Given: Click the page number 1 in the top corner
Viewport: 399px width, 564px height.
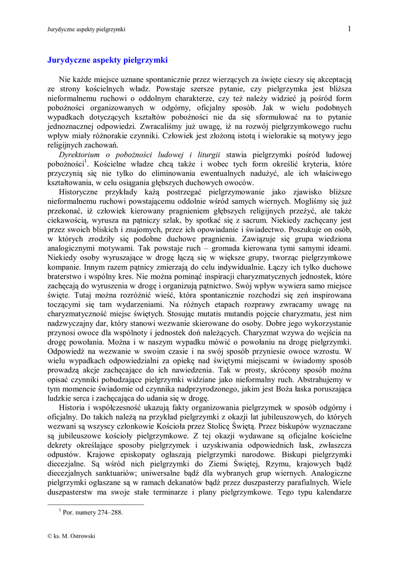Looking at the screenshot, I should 349,29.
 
